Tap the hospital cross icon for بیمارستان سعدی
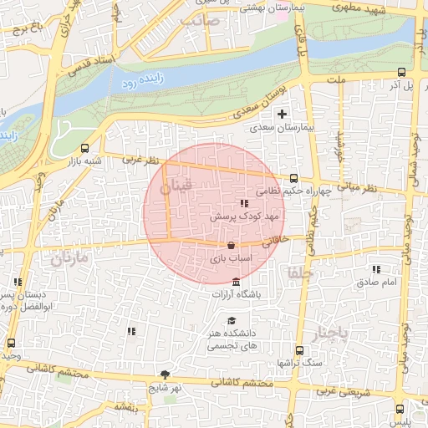pos(282,114)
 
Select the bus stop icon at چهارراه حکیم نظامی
pos(293,178)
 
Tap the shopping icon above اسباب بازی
pos(231,246)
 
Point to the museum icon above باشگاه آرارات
pos(237,281)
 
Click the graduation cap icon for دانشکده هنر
pos(231,321)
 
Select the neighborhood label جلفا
pos(298,273)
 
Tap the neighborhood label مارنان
pos(69,259)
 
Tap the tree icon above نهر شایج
pos(165,374)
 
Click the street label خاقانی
pos(277,242)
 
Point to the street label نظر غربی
pos(140,158)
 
